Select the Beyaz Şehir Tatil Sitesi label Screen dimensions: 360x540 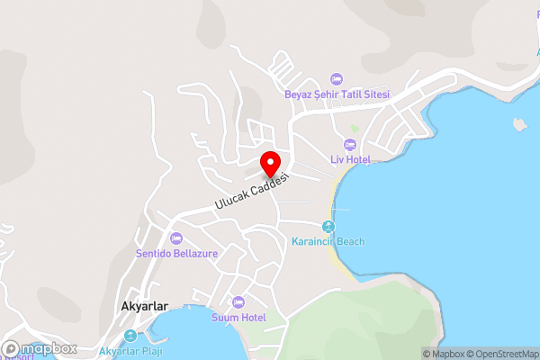(x=337, y=95)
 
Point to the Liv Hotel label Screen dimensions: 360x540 (x=350, y=159)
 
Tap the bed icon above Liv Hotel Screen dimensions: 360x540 (x=350, y=144)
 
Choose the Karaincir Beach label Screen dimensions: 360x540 (x=328, y=241)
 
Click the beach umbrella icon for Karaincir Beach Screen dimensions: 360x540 (x=328, y=226)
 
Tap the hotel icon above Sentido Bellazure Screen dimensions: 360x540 (x=175, y=238)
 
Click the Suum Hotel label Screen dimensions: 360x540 (x=238, y=318)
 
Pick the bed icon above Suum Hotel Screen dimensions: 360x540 (x=238, y=302)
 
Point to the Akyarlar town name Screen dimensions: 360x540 (x=144, y=306)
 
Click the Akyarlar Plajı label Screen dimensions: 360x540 (x=131, y=351)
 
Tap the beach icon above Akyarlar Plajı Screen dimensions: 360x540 (x=131, y=337)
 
